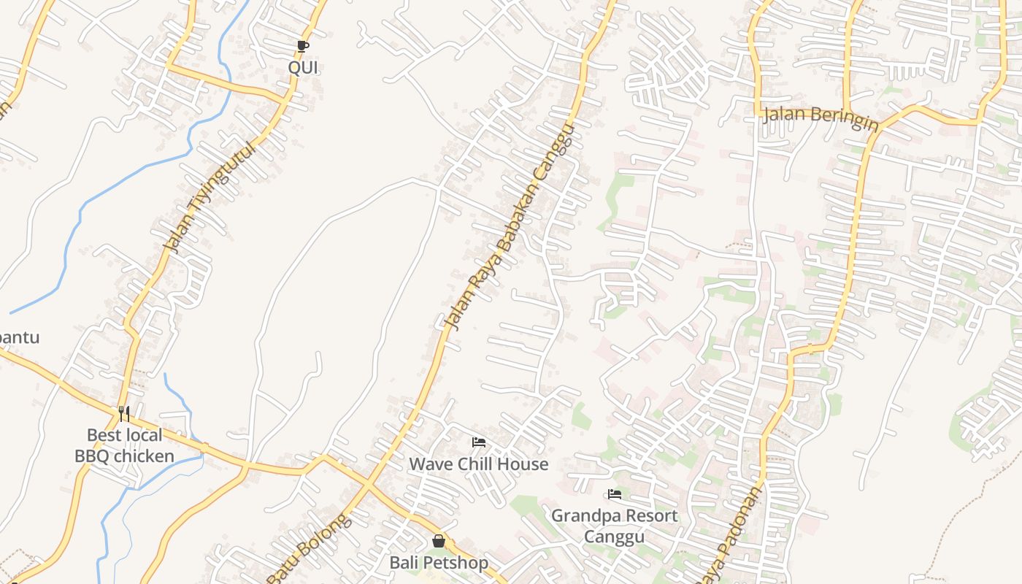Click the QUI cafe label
pos(303,68)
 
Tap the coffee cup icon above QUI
pos(303,47)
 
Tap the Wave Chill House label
pos(478,464)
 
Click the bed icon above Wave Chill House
pos(479,442)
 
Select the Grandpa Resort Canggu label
pos(614,526)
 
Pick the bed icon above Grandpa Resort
pos(615,494)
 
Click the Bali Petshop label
pos(438,563)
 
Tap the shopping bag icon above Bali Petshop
pos(438,541)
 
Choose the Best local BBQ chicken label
pos(124,446)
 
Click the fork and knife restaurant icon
pos(124,414)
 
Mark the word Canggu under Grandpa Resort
pos(614,537)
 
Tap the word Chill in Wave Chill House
pos(477,464)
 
